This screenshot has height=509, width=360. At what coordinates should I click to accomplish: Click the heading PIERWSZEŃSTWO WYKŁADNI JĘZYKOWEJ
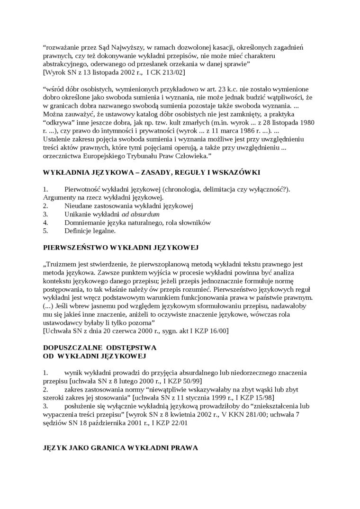click(120, 247)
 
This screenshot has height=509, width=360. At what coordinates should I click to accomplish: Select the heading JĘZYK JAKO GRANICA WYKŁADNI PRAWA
click(120, 447)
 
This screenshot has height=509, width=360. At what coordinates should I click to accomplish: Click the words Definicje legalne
click(90, 231)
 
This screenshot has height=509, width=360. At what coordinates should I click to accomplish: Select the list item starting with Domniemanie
click(137, 223)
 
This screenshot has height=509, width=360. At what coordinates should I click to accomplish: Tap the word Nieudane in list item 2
click(77, 206)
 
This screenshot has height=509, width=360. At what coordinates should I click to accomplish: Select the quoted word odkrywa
click(60, 122)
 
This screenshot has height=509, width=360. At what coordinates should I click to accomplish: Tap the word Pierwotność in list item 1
click(84, 189)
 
